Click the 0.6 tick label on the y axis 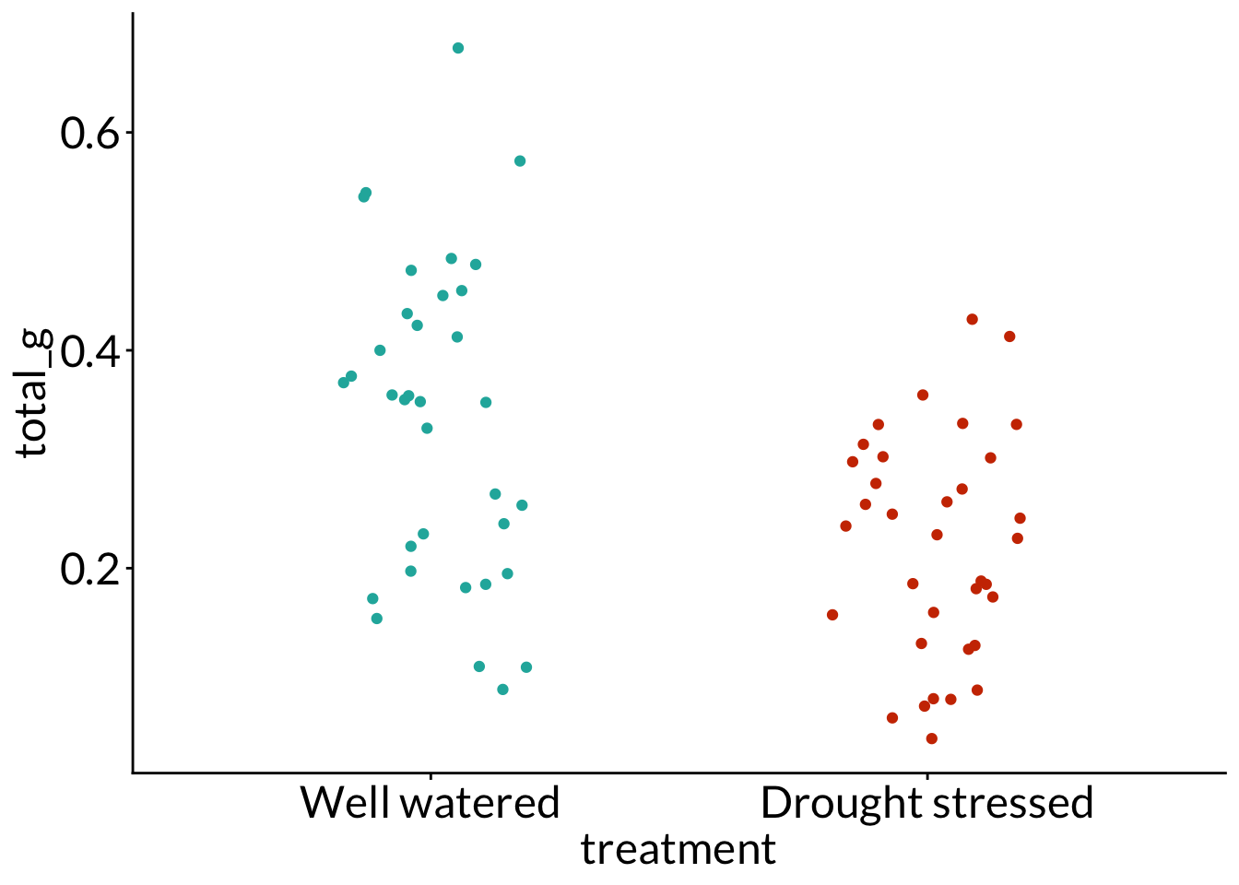coord(89,133)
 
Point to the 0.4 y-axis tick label coord(89,350)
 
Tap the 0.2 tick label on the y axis coord(89,569)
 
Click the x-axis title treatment coord(678,849)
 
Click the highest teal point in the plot coord(458,48)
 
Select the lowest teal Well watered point coord(502,690)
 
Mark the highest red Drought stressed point coord(972,319)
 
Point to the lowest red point coord(932,738)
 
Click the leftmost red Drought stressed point coord(832,615)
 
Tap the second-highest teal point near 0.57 coord(520,160)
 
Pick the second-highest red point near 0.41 coord(1009,336)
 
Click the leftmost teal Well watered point coord(344,383)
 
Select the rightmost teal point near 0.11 coord(526,667)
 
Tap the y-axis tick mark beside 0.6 coord(128,132)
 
